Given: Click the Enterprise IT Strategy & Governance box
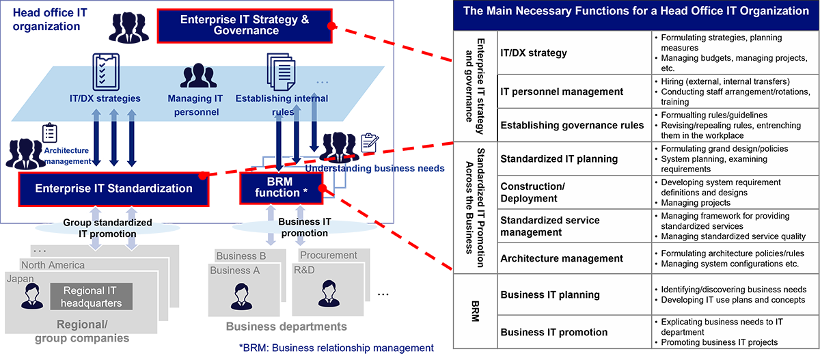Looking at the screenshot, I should click(244, 25).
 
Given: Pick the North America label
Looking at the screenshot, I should click(53, 265).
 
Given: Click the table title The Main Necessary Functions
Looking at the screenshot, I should click(636, 11).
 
